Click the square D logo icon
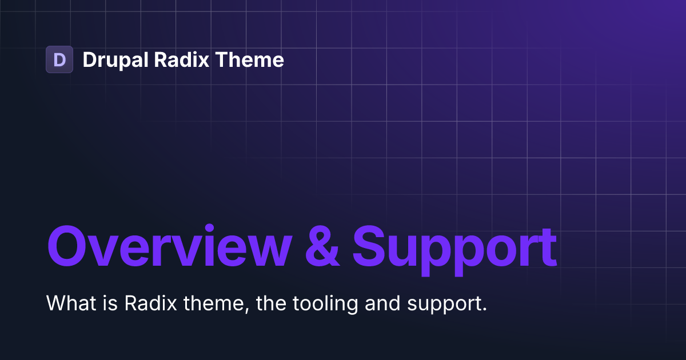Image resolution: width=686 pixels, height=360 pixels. click(59, 59)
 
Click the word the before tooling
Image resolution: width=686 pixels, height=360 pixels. click(269, 303)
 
